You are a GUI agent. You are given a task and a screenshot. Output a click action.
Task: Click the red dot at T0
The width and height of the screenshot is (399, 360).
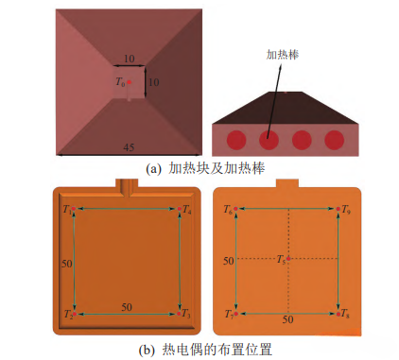pyautogui.click(x=129, y=82)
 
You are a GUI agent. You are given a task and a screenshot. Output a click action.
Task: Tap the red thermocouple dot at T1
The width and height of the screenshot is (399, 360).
pyautogui.click(x=74, y=209)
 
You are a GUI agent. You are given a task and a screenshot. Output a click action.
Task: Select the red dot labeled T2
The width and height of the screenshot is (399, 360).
pyautogui.click(x=75, y=314)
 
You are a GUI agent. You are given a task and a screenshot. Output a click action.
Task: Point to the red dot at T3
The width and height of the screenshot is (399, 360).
pyautogui.click(x=179, y=314)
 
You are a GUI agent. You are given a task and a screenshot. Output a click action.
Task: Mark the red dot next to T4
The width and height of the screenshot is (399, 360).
pyautogui.click(x=179, y=209)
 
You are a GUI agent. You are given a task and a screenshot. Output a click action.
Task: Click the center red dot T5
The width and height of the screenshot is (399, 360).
pyautogui.click(x=288, y=259)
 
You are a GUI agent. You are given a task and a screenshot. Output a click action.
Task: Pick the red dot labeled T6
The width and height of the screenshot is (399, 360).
pyautogui.click(x=235, y=209)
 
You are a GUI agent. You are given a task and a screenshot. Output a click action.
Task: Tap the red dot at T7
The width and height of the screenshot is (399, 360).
pyautogui.click(x=236, y=314)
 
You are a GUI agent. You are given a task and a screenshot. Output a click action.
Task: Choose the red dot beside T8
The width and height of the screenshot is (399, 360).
pyautogui.click(x=338, y=314)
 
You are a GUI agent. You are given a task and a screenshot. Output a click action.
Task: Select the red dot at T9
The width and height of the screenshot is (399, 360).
pyautogui.click(x=338, y=209)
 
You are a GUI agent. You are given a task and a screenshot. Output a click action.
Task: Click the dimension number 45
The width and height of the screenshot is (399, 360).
pyautogui.click(x=129, y=147)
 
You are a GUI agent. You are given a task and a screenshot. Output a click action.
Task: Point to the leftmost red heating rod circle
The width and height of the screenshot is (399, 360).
pyautogui.click(x=236, y=140)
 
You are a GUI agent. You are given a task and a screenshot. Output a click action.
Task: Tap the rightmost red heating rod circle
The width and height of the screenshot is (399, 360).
pyautogui.click(x=335, y=140)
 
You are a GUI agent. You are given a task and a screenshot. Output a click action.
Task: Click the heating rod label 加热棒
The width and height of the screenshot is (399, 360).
pyautogui.click(x=283, y=55)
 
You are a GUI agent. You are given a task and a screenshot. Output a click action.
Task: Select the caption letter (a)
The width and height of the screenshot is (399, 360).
pyautogui.click(x=153, y=169)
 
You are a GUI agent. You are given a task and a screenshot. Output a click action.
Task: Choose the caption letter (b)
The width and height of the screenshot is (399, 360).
pyautogui.click(x=147, y=350)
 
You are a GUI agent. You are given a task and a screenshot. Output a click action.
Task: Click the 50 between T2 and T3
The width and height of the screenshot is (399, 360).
pyautogui.click(x=127, y=307)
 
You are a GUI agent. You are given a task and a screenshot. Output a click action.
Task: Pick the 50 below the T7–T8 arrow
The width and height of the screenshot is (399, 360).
pyautogui.click(x=287, y=319)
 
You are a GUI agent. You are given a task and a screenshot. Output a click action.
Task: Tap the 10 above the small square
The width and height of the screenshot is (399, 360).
pyautogui.click(x=130, y=59)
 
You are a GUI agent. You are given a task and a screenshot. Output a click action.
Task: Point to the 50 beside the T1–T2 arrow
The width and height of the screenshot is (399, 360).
pyautogui.click(x=67, y=264)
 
